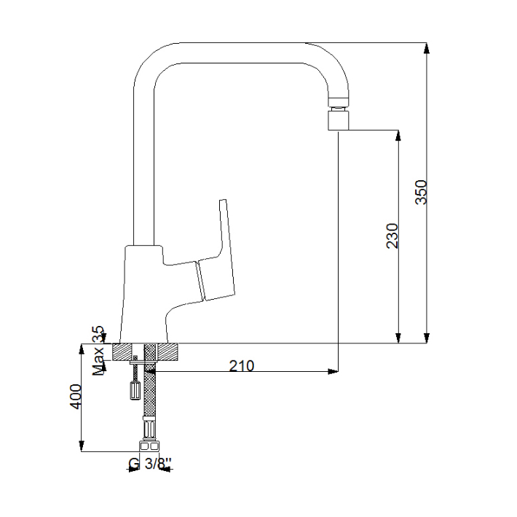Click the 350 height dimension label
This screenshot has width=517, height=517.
pos(421,192)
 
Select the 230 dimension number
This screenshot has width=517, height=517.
pos(392,236)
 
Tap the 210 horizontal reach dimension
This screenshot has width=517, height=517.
pos(242,366)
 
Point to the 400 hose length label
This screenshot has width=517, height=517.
pos(76,397)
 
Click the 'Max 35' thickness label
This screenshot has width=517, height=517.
pos(98,351)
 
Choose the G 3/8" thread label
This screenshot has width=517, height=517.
pos(150,464)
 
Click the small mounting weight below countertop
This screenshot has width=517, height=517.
pos(135,390)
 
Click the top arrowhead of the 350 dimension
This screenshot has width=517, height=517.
pos(427,48)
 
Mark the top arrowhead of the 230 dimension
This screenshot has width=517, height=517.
pos(398,136)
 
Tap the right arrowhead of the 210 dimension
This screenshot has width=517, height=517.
pos(333,372)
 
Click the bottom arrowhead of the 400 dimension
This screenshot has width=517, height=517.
pos(82,446)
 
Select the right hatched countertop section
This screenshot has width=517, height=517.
pos(168,352)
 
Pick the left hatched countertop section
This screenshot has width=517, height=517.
pos(122,352)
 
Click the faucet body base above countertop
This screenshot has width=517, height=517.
pos(144,294)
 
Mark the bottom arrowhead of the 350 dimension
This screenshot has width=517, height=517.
pos(427,338)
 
